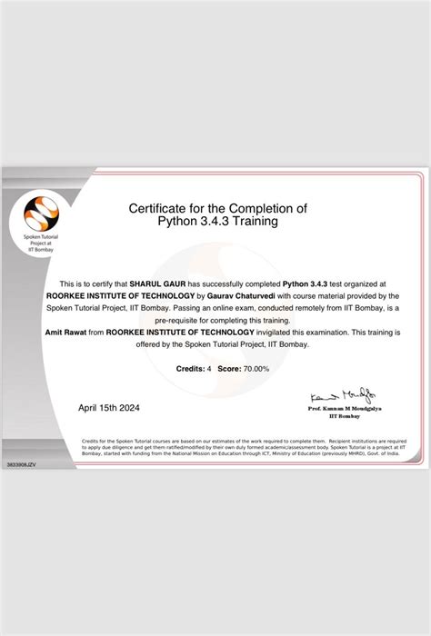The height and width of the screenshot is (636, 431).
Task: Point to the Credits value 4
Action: point(209,369)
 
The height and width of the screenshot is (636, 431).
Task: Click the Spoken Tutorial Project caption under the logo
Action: point(40,246)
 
